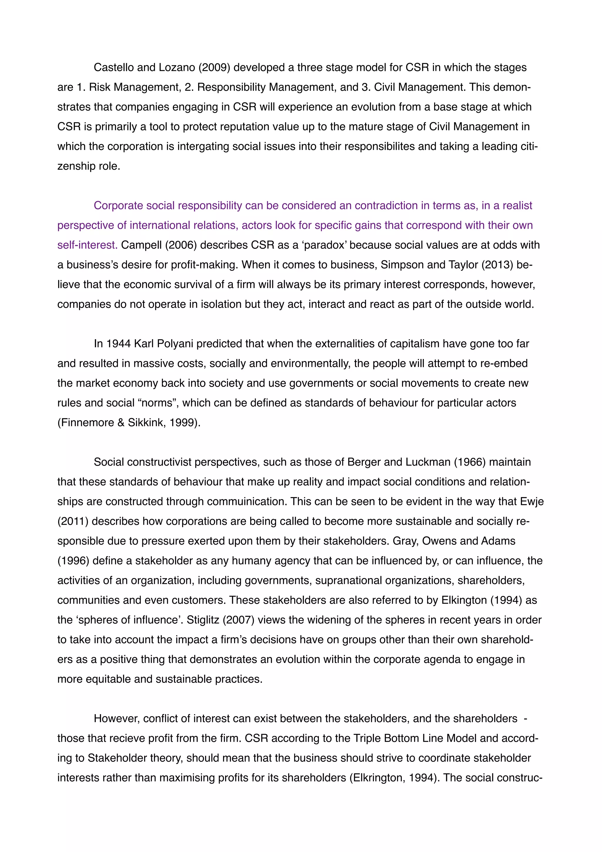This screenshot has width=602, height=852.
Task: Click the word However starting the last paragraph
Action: tap(116, 719)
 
